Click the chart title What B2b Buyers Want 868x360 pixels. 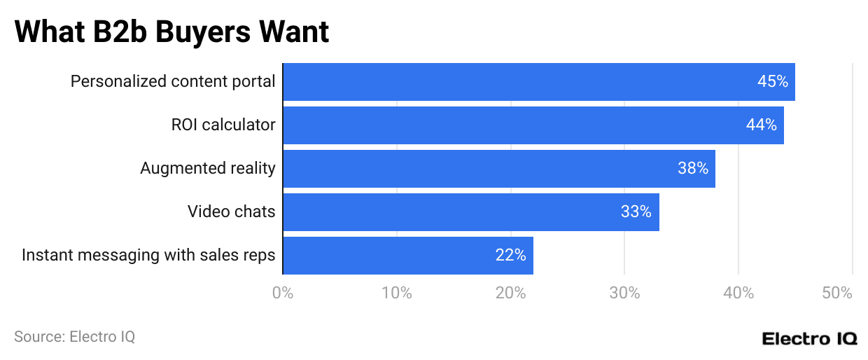click(x=171, y=32)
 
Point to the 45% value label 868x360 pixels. click(x=772, y=82)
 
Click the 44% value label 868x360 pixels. click(x=761, y=125)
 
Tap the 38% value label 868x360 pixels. click(x=692, y=169)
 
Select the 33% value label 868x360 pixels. click(x=636, y=212)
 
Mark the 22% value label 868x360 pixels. click(x=510, y=256)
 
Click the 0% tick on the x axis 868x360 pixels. click(x=283, y=293)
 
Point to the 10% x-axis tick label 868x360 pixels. click(x=396, y=293)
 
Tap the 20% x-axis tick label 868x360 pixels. click(x=510, y=293)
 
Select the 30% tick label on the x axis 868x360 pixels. click(x=624, y=293)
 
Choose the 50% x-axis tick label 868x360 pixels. click(x=837, y=293)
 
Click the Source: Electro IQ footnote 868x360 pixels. click(x=74, y=337)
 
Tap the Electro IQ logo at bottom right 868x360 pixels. click(x=809, y=338)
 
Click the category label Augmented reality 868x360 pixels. click(x=207, y=169)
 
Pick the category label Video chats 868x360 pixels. click(x=231, y=212)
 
